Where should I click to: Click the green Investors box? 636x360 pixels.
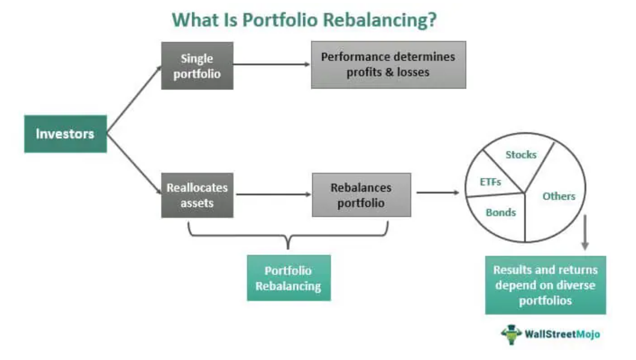point(66,134)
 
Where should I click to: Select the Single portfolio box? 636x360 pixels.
point(197,66)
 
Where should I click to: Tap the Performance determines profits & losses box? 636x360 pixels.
point(388,64)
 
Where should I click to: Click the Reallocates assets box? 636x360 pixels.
point(197,195)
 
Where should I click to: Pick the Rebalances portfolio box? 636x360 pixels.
point(361,195)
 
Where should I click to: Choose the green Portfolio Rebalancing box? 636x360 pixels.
point(289,278)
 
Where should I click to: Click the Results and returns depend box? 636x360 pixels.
point(545,285)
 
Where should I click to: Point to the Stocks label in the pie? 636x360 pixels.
point(520,155)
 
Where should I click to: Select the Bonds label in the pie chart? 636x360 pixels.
point(501,212)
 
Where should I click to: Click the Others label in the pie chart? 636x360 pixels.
point(558,196)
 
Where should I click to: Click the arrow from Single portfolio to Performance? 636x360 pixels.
point(271,64)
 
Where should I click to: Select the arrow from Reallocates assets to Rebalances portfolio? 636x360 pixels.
point(272,194)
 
